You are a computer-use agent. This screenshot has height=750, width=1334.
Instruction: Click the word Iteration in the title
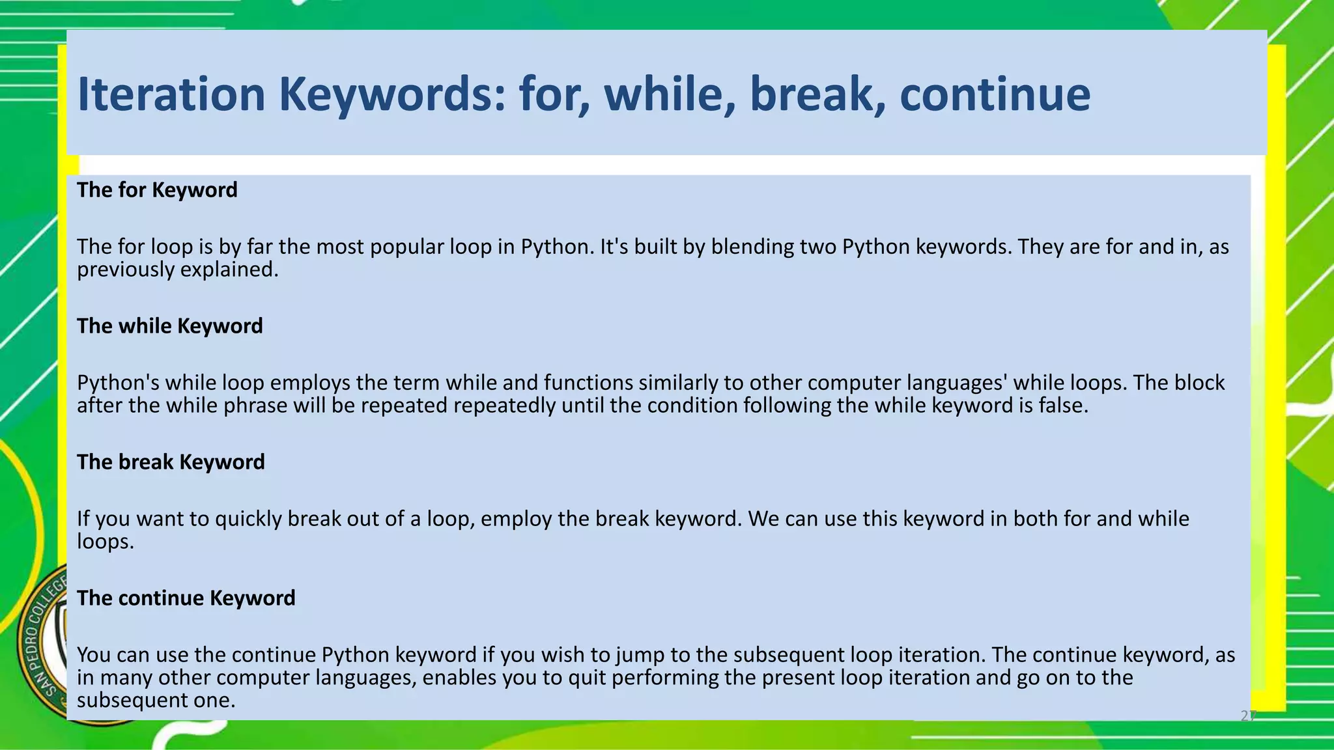pos(171,94)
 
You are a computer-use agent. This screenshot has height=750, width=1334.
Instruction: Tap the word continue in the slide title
pos(995,94)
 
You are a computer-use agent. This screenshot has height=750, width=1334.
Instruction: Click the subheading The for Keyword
pos(157,190)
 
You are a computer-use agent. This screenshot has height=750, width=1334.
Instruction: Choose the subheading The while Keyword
pos(170,326)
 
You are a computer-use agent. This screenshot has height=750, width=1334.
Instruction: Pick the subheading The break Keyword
pos(171,462)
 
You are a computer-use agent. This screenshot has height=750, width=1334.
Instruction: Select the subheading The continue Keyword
pos(186,598)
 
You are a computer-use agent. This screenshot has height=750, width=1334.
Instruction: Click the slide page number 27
pos(1247,716)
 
